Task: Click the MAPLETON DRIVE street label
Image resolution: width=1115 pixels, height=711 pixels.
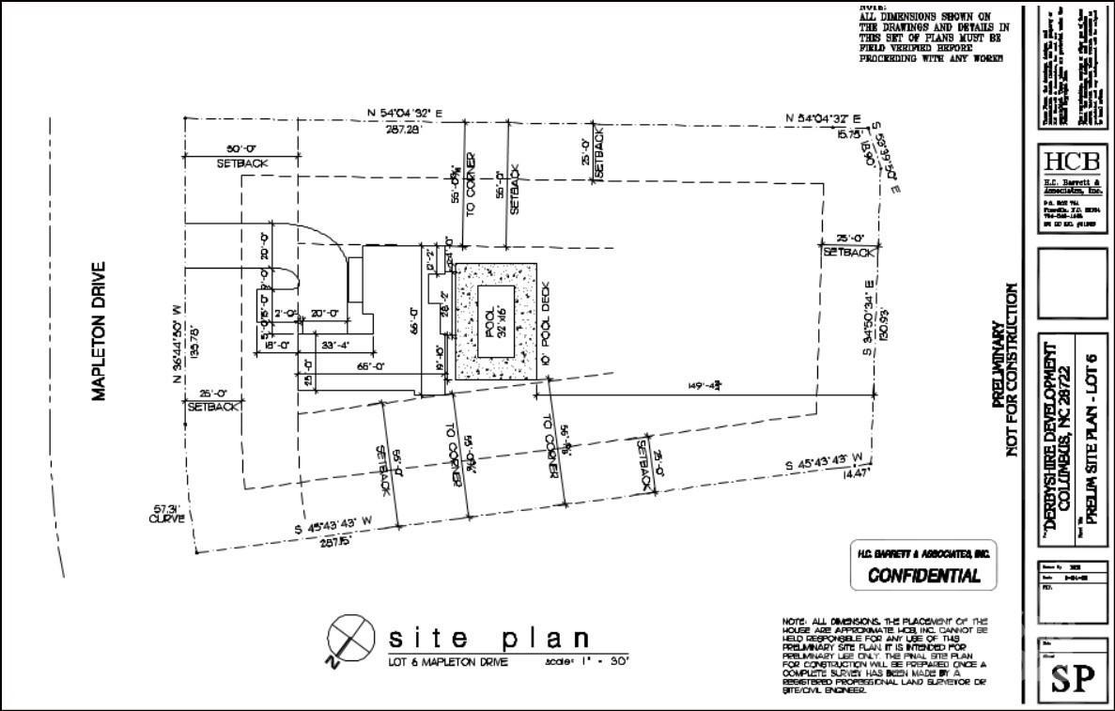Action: pyautogui.click(x=98, y=331)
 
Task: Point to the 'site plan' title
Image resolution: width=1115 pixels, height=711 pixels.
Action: pyautogui.click(x=489, y=639)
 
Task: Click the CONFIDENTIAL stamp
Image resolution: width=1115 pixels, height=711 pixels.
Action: pyautogui.click(x=922, y=575)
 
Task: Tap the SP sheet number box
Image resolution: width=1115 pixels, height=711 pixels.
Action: pyautogui.click(x=1072, y=678)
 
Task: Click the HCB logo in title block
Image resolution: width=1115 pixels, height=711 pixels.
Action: pyautogui.click(x=1072, y=160)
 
